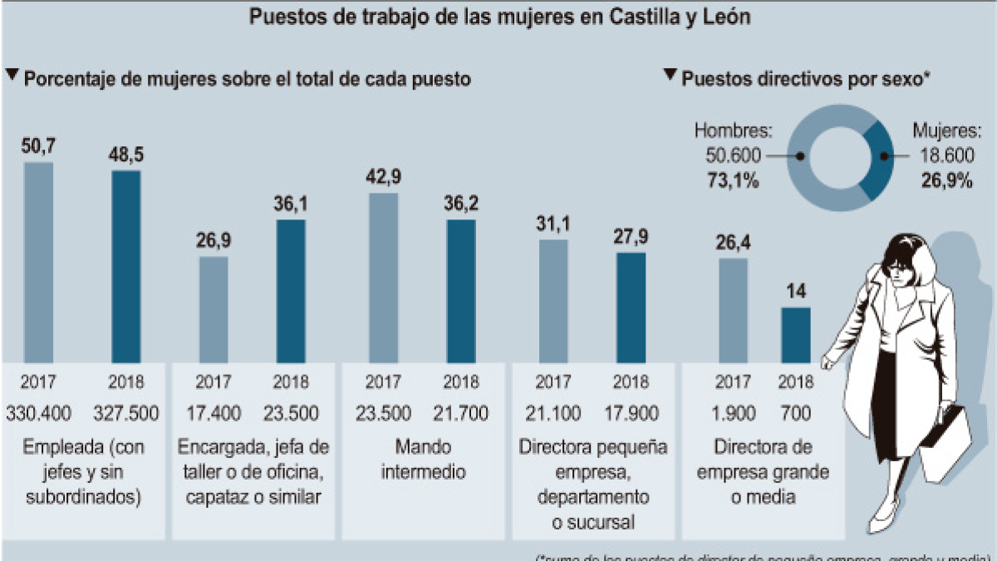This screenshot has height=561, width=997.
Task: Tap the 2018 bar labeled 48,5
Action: click(126, 266)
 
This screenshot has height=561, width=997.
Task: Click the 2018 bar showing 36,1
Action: click(291, 291)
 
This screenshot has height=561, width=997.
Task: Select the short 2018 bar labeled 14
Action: click(796, 335)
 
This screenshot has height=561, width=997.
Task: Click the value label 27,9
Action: click(631, 236)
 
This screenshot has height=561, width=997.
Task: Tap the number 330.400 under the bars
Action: click(38, 413)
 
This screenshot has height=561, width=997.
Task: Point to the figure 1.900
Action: click(733, 413)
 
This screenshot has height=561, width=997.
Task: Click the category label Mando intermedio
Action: click(424, 460)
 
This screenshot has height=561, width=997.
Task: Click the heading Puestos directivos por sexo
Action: click(804, 79)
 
